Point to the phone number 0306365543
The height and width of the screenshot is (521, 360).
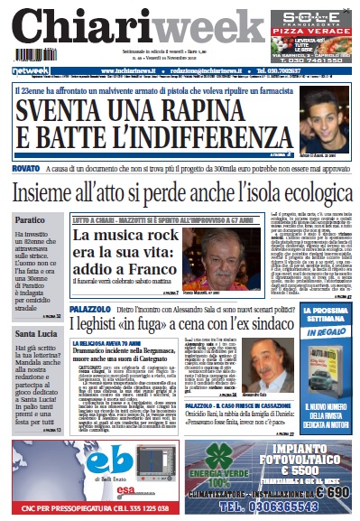271,507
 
